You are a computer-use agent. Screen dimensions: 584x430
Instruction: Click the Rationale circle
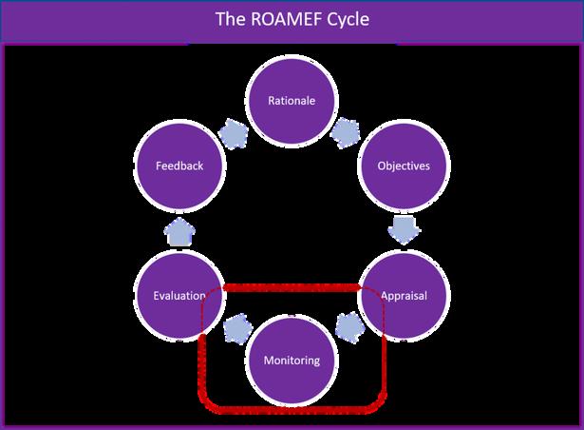(x=292, y=101)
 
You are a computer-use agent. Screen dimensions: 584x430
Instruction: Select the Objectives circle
(x=404, y=166)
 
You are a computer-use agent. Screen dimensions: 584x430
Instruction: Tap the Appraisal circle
(x=404, y=296)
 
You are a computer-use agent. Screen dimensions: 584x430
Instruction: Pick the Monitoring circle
(x=292, y=361)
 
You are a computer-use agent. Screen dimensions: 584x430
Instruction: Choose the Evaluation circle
(x=179, y=296)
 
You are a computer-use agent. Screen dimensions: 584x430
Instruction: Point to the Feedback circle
(x=179, y=166)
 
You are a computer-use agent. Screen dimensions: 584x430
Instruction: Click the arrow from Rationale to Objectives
(x=346, y=133)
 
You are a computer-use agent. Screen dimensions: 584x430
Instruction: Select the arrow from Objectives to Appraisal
(x=405, y=230)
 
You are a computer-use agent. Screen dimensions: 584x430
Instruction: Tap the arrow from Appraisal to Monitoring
(x=349, y=327)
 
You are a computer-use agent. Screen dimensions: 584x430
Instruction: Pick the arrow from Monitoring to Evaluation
(x=237, y=328)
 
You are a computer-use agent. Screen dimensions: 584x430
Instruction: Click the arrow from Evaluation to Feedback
(x=179, y=231)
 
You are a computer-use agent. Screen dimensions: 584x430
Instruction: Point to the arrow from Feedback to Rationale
(x=234, y=134)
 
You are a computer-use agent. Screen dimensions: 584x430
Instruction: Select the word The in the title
(x=231, y=19)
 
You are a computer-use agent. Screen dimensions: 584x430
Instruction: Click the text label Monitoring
(x=292, y=361)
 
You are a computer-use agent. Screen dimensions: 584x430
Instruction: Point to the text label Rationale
(x=292, y=101)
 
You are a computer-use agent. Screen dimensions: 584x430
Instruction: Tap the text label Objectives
(x=404, y=166)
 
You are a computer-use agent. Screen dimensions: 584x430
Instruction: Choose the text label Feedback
(x=179, y=166)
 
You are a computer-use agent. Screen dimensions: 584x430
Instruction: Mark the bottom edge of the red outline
(x=292, y=410)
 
